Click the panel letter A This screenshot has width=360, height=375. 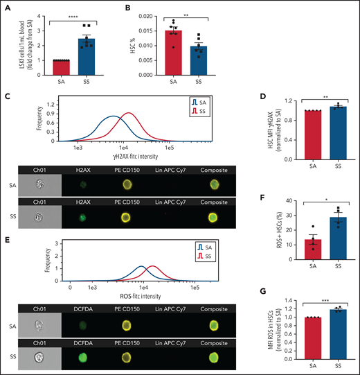[6, 9]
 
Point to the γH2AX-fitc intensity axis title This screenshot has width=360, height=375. [125, 158]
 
